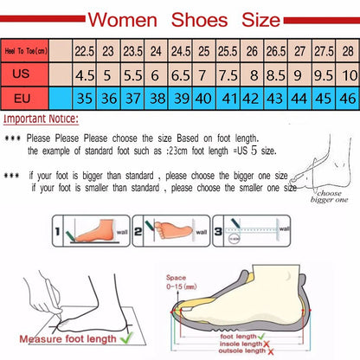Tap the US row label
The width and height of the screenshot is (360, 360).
point(22,74)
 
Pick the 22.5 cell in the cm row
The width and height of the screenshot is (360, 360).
point(84,51)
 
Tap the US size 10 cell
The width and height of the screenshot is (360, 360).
point(348,75)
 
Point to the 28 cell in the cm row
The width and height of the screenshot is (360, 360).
point(348,51)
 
